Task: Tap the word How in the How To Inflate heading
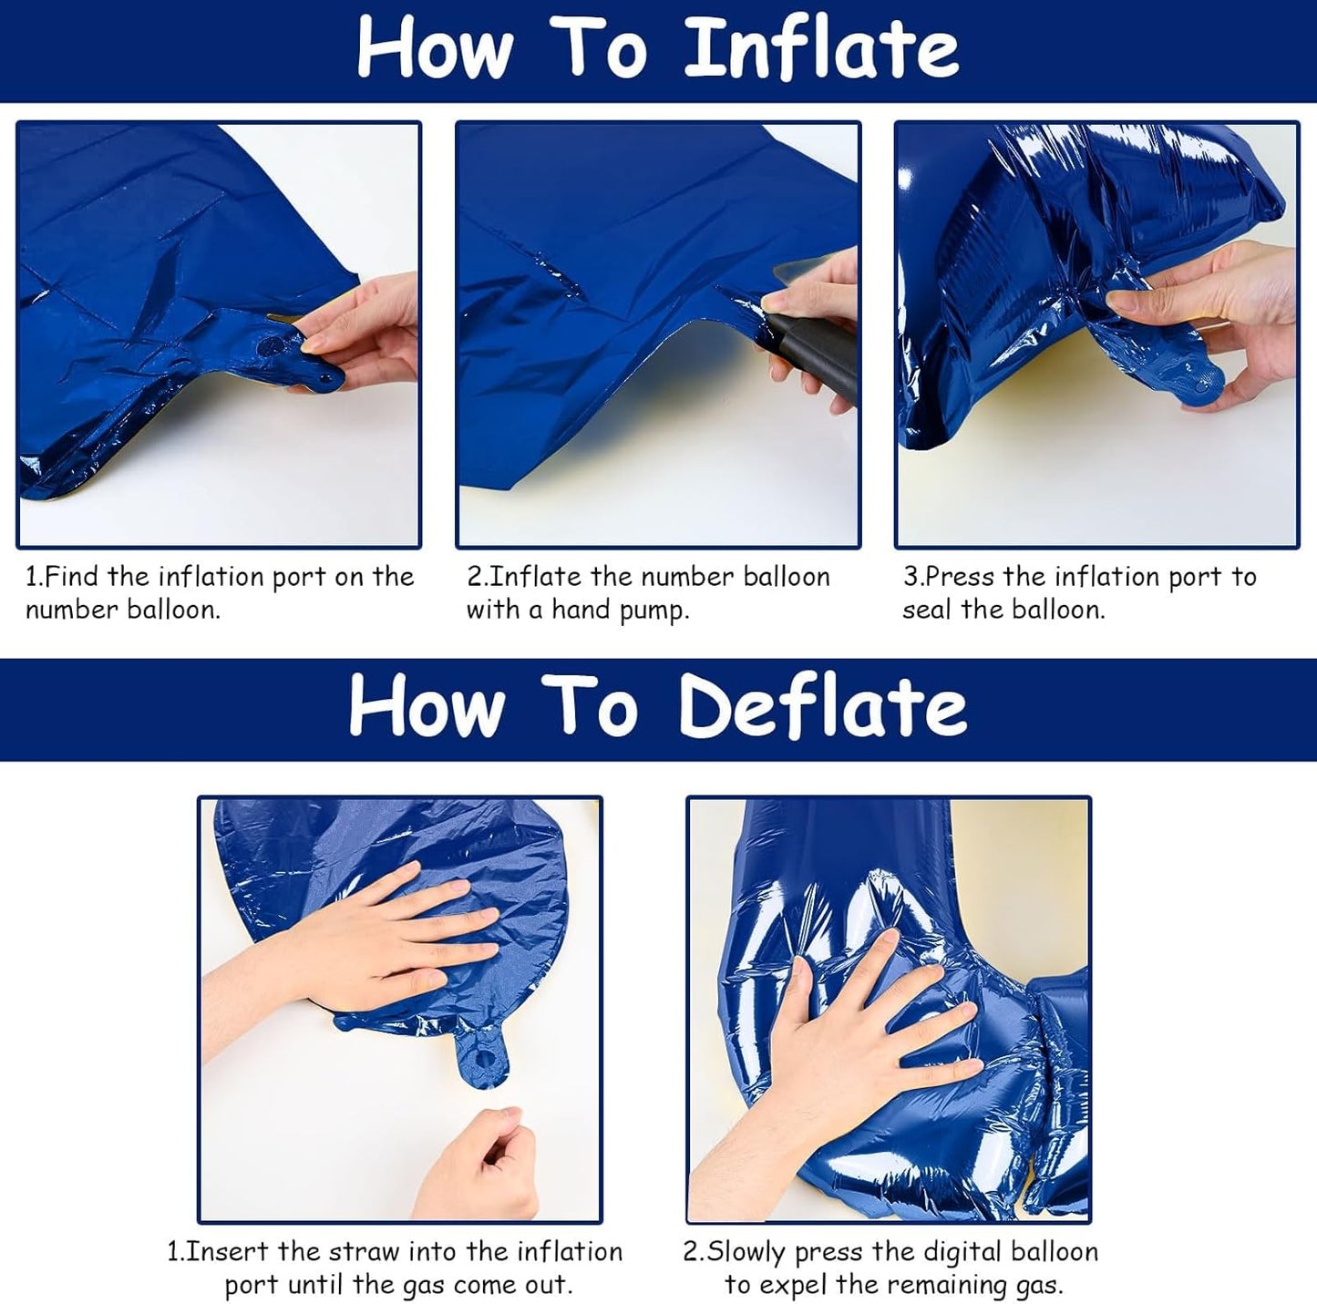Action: pos(435,47)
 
